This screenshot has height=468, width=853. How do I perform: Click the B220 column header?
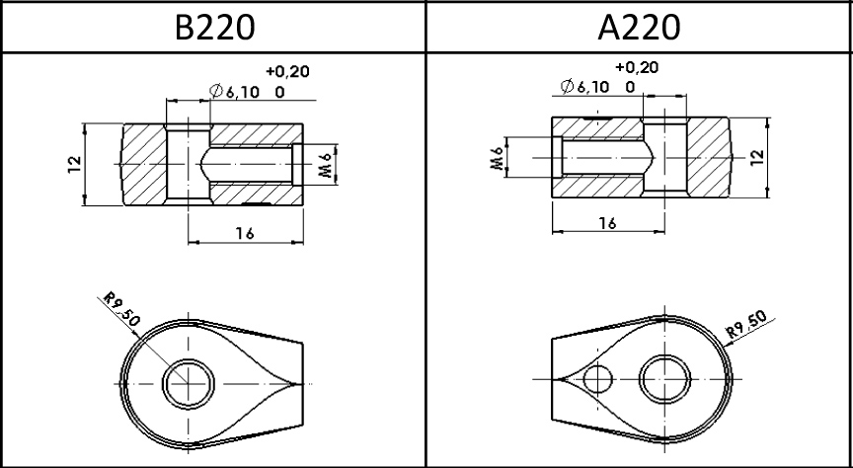(x=214, y=27)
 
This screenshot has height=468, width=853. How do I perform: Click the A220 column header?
(x=639, y=27)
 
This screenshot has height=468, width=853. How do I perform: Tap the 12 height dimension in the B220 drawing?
(x=74, y=164)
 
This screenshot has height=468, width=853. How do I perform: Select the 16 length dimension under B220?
(x=245, y=233)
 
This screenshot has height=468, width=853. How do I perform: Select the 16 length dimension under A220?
(x=607, y=222)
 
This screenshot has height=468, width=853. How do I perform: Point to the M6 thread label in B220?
(x=325, y=164)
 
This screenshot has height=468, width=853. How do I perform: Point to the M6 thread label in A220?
(x=497, y=158)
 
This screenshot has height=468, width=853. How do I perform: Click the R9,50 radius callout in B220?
(x=121, y=309)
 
